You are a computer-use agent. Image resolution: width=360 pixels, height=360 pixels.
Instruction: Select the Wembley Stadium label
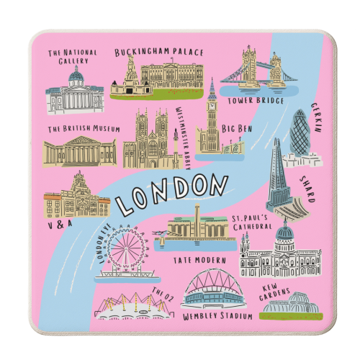(x=217, y=316)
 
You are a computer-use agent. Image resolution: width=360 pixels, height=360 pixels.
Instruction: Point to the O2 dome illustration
(x=127, y=305)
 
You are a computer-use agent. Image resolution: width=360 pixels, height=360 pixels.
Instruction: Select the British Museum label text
(x=84, y=130)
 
